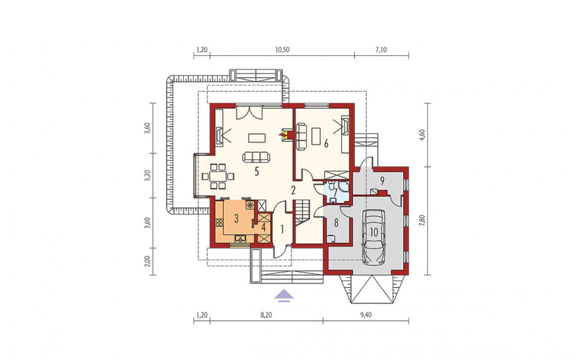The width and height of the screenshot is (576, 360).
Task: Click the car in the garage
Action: click(x=374, y=237)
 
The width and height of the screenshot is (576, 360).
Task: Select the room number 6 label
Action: click(x=326, y=144)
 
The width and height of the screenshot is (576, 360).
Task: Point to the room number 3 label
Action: click(x=236, y=218)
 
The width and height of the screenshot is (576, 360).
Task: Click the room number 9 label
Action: click(x=382, y=180)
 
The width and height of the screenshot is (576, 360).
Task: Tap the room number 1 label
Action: click(x=282, y=229)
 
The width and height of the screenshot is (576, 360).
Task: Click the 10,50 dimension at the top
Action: click(x=282, y=50)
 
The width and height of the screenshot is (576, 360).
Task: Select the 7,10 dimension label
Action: click(x=381, y=50)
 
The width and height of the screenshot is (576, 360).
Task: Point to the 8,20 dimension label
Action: click(x=267, y=315)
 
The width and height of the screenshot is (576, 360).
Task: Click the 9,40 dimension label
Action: click(x=366, y=315)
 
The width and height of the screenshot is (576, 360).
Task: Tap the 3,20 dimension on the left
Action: click(x=147, y=176)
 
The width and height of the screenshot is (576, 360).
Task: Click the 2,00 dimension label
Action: click(x=147, y=261)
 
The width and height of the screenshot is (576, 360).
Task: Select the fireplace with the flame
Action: click(x=285, y=134)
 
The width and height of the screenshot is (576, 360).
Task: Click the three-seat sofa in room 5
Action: click(x=256, y=157)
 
